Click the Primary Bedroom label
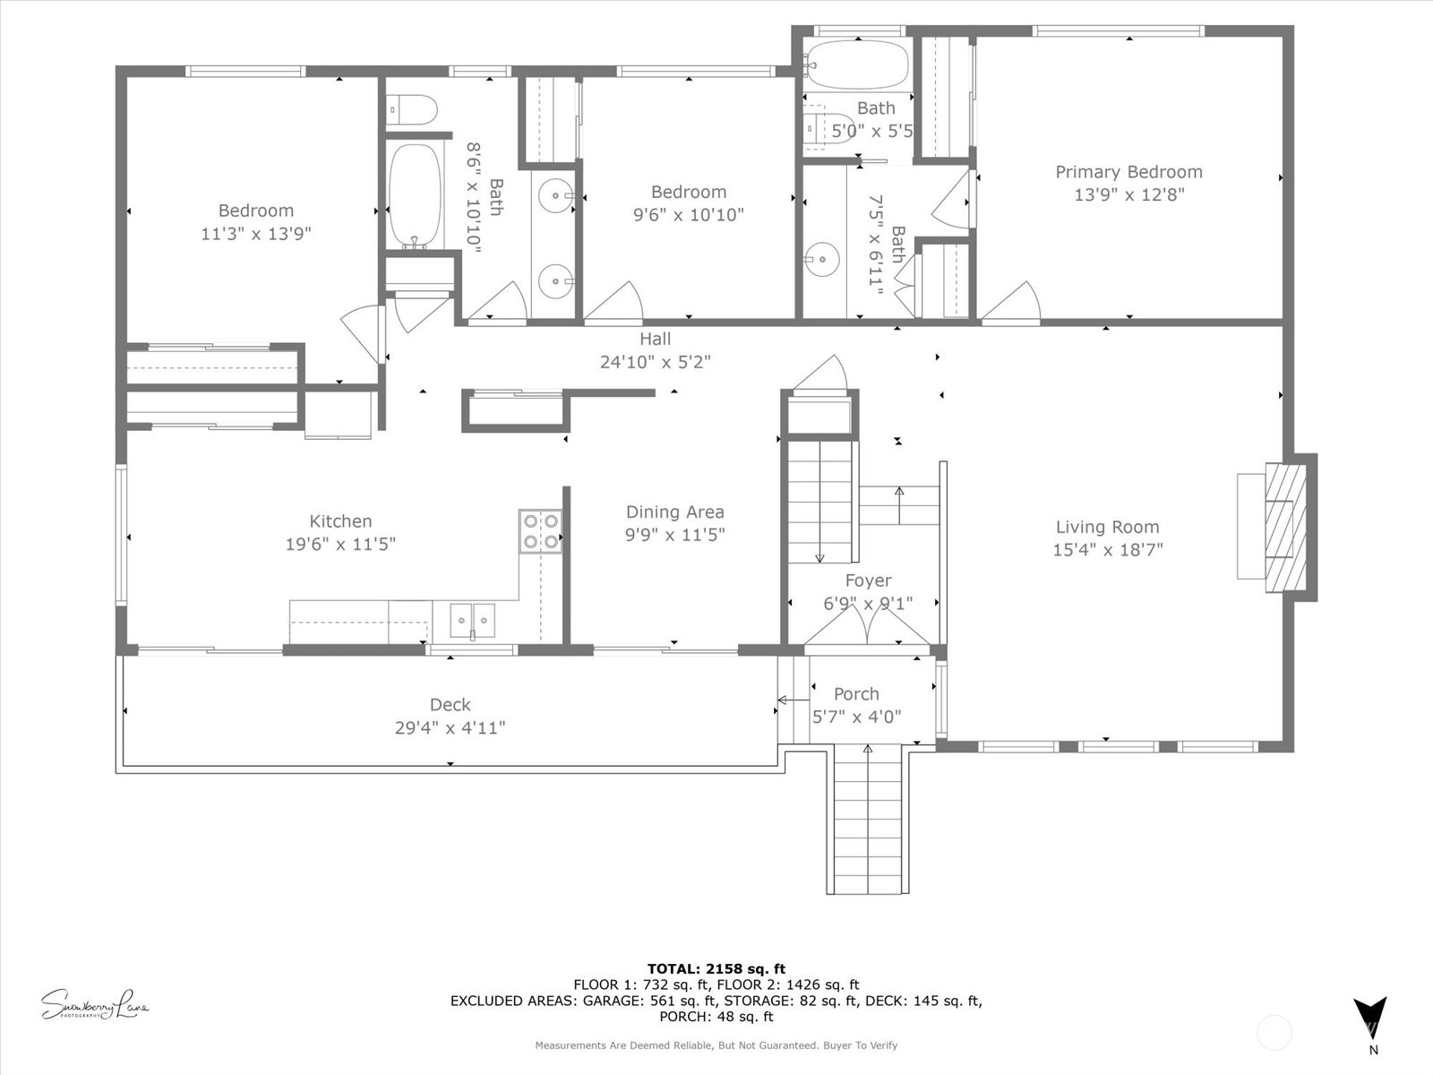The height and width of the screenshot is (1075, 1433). pos(1128,172)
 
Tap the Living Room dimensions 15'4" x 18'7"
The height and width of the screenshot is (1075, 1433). pos(1107,550)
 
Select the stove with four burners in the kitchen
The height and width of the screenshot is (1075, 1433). pos(540,531)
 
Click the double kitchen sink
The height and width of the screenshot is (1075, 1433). pos(472,620)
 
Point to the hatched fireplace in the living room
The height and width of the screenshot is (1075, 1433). pos(1285,527)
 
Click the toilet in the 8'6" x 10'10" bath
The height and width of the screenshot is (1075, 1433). pos(413,110)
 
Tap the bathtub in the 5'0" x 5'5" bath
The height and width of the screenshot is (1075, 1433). pos(855,64)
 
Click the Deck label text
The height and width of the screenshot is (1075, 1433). pos(450,705)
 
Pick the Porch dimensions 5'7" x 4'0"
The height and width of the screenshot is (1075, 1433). pos(856,717)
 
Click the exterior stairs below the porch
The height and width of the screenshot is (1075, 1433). pos(867,820)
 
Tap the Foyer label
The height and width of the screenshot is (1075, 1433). pos(868,580)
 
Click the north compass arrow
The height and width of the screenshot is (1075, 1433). pos(1369,1019)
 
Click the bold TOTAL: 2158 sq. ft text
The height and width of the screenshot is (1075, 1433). pos(716,968)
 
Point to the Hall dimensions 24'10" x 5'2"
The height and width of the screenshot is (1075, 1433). pos(655,362)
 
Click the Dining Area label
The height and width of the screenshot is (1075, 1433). pos(674,512)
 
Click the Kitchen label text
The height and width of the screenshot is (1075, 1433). pos(340,521)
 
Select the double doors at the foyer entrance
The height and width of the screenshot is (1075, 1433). pos(867,627)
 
